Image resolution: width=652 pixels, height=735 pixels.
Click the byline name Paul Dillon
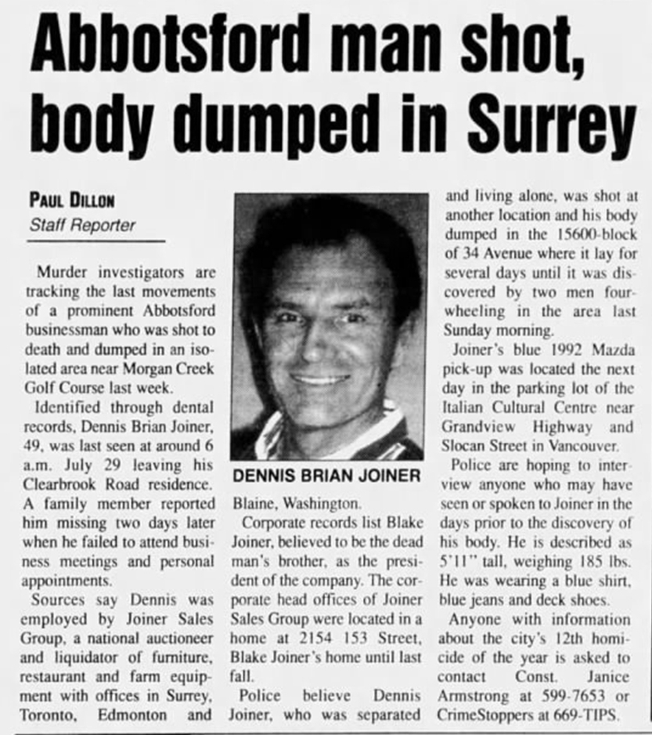click(71, 201)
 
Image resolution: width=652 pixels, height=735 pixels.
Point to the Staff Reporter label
click(82, 225)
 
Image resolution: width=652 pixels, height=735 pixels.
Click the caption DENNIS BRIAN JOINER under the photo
click(327, 476)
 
